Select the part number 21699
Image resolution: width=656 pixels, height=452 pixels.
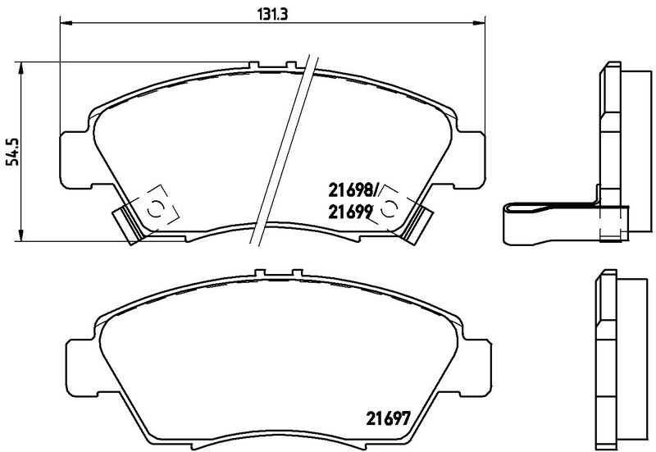[x=351, y=211]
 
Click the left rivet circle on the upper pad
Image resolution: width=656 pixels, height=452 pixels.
[x=153, y=208]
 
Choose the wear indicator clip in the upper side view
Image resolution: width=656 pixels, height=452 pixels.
[x=541, y=219]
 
